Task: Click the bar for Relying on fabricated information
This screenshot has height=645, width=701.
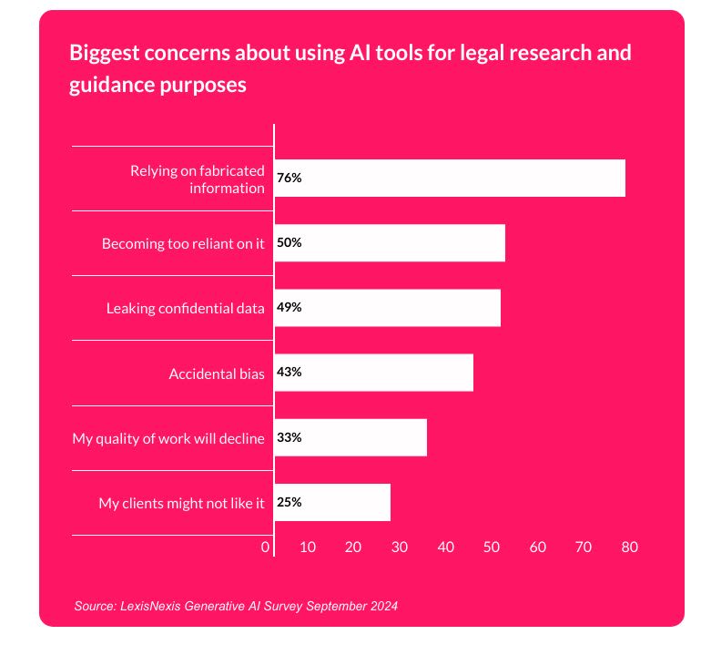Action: [x=450, y=178]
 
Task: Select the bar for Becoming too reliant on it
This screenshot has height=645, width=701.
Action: [x=390, y=242]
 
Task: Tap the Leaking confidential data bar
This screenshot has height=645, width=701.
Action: [x=387, y=307]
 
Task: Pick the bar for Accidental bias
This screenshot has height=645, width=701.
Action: [x=373, y=372]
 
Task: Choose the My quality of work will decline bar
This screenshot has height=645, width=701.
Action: [x=350, y=437]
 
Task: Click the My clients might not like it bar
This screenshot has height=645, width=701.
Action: [x=332, y=502]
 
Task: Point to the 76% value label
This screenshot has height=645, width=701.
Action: [x=290, y=178]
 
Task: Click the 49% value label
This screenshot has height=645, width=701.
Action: [x=290, y=307]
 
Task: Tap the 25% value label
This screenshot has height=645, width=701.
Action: [x=290, y=502]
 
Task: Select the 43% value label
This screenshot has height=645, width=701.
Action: [x=290, y=372]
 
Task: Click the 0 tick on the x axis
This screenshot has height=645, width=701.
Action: [x=266, y=548]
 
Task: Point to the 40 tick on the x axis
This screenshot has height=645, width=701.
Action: [x=445, y=548]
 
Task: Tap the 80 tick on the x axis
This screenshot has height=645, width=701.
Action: [x=629, y=548]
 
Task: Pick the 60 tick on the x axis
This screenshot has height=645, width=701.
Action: [x=537, y=548]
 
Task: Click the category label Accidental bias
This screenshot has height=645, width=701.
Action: [x=217, y=374]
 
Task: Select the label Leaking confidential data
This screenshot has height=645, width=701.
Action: [x=186, y=308]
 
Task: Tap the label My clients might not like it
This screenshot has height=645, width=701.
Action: [x=181, y=503]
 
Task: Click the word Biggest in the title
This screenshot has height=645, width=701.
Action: [x=102, y=52]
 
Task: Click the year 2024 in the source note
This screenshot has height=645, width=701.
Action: [x=384, y=605]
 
